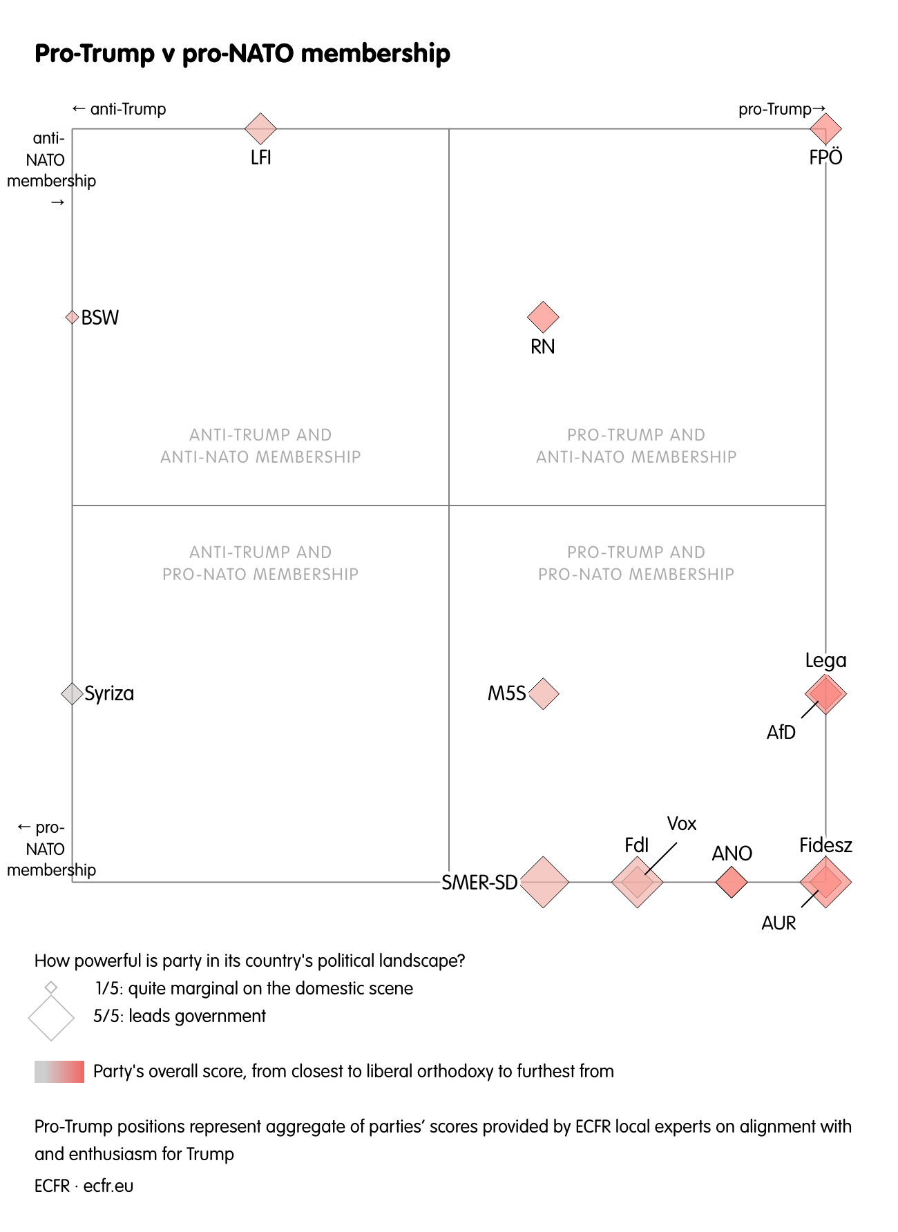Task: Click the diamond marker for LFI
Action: (260, 128)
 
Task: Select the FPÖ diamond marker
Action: (825, 128)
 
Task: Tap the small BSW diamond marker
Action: (72, 317)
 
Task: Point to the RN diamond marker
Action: (543, 317)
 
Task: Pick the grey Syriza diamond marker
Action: (72, 693)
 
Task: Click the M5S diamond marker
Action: (543, 693)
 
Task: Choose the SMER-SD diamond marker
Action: (544, 882)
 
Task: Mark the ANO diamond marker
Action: (732, 882)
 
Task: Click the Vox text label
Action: (682, 823)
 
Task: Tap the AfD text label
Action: (781, 732)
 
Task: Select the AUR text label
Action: (778, 923)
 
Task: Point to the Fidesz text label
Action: (825, 845)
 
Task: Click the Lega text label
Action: (825, 660)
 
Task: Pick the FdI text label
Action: (636, 845)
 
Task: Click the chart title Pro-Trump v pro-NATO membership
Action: (242, 53)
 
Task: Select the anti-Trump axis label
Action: (120, 109)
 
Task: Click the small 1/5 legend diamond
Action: (51, 988)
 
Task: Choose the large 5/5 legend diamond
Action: (51, 1017)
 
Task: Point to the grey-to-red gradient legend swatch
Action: (59, 1071)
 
